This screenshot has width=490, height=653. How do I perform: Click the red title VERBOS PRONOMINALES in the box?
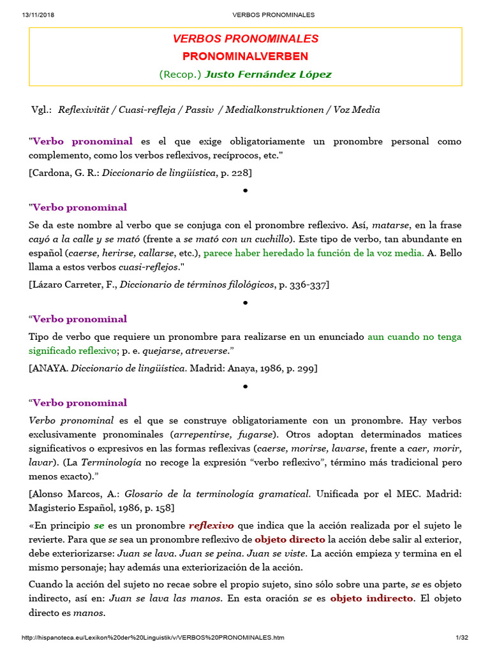click(245, 39)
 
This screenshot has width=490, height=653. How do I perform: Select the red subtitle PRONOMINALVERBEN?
click(245, 57)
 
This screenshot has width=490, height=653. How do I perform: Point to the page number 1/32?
click(462, 638)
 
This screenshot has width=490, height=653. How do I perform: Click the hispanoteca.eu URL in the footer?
click(153, 638)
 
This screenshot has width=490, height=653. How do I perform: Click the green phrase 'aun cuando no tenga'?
click(415, 337)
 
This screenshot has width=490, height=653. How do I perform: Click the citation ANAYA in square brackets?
click(50, 369)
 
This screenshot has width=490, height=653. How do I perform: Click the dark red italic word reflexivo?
click(211, 526)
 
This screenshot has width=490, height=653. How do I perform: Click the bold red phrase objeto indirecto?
click(371, 599)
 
